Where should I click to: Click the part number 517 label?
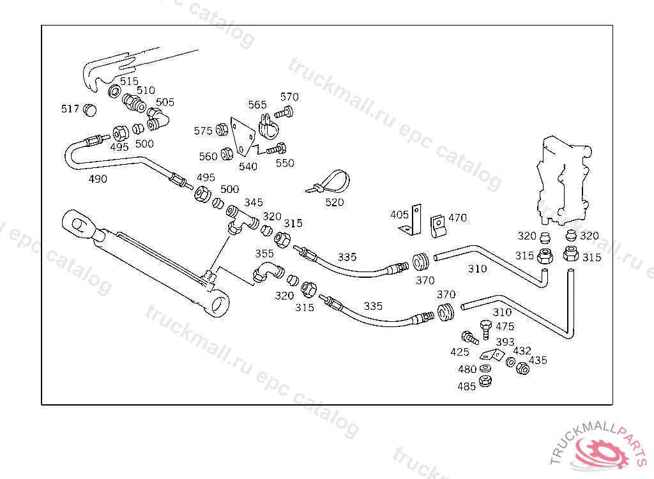click(x=70, y=109)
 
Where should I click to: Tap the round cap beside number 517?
click(x=89, y=110)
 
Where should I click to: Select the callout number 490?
click(x=98, y=179)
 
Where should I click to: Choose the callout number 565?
click(x=257, y=105)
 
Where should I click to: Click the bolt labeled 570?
click(x=284, y=112)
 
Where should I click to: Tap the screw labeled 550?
click(x=276, y=149)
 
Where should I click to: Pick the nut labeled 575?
click(x=222, y=130)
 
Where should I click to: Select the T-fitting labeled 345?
click(x=241, y=219)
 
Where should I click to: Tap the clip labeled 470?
click(x=438, y=226)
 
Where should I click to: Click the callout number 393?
click(x=505, y=342)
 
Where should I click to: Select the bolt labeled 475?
click(x=486, y=330)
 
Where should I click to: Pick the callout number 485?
click(x=466, y=387)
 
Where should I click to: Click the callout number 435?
click(x=538, y=360)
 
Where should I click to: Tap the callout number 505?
click(x=165, y=102)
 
